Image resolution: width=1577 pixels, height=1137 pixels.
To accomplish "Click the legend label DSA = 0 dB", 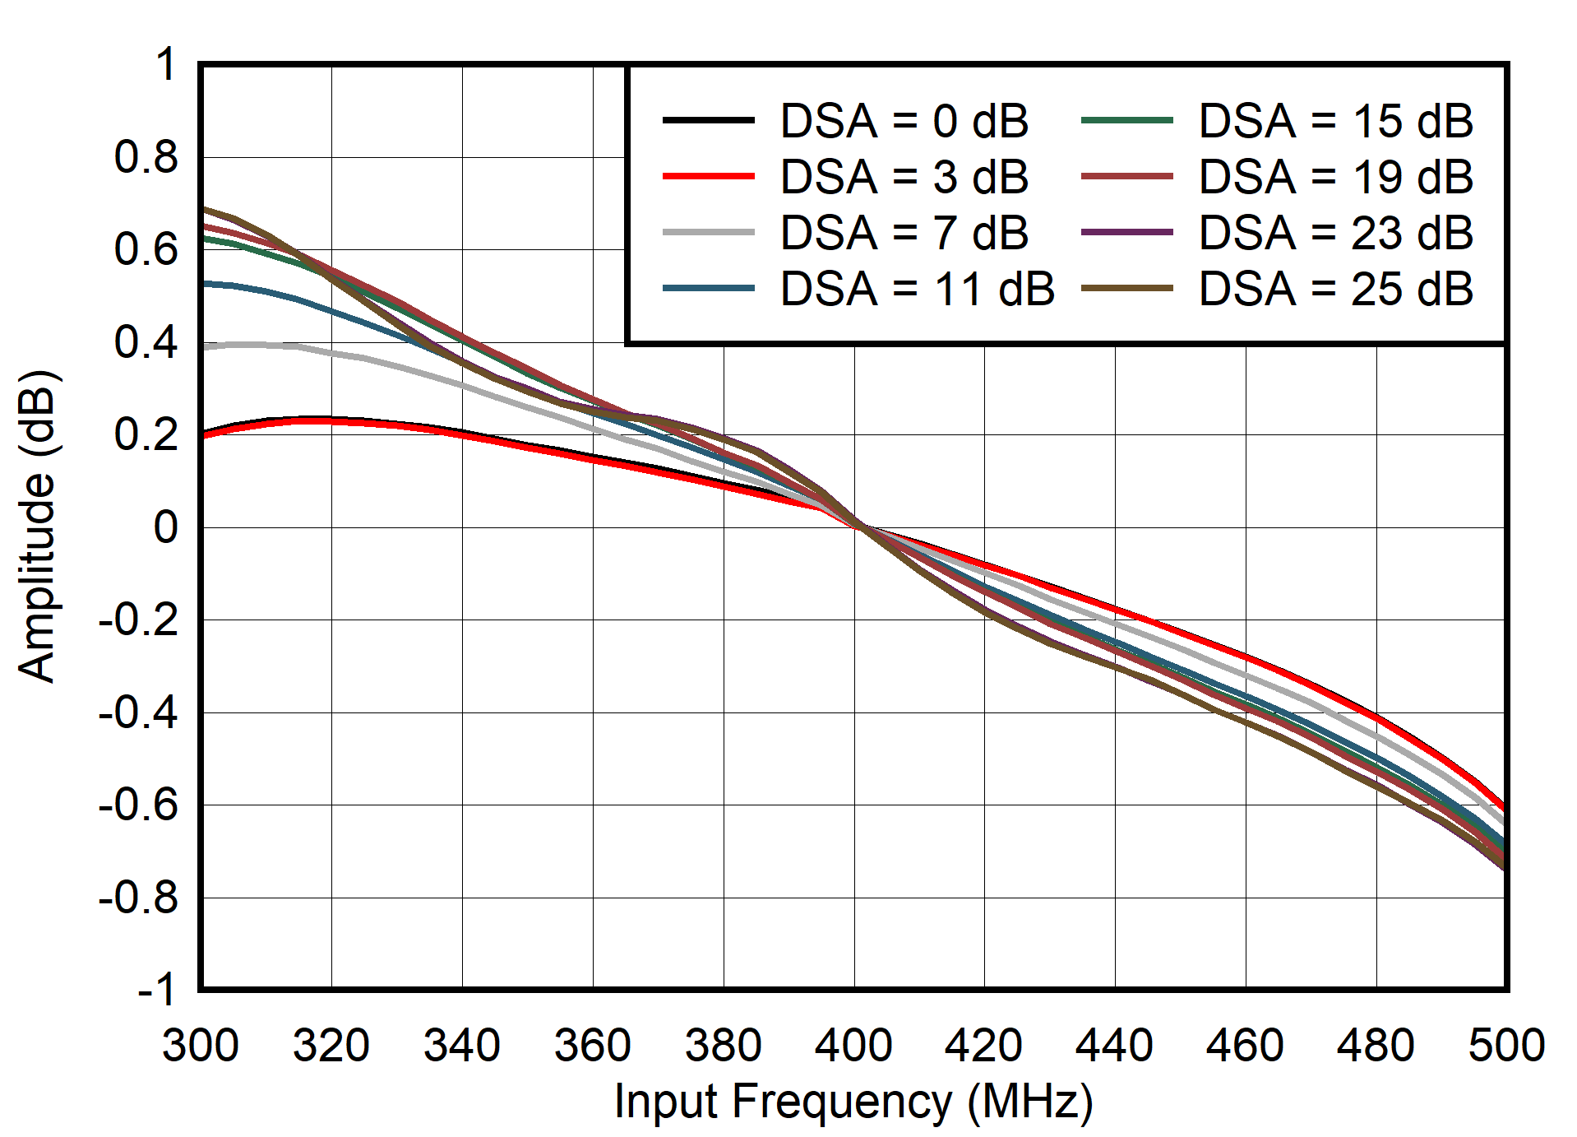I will pyautogui.click(x=904, y=121).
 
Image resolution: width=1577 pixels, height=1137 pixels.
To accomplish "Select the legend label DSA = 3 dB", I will pyautogui.click(x=904, y=177).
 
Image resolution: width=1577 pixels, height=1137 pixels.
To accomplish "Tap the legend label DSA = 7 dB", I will pyautogui.click(x=904, y=233).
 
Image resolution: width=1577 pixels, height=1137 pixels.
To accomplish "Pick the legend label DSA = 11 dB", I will pyautogui.click(x=917, y=289).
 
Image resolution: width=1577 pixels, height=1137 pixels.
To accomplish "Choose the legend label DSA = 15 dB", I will pyautogui.click(x=1335, y=121).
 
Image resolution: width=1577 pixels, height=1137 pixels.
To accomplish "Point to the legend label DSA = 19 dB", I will pyautogui.click(x=1335, y=177).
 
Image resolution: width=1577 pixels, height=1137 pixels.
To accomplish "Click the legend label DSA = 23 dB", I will pyautogui.click(x=1335, y=233).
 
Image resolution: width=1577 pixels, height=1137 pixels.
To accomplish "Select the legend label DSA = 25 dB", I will pyautogui.click(x=1335, y=289).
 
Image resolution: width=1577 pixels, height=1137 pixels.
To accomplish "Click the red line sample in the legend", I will pyautogui.click(x=708, y=177).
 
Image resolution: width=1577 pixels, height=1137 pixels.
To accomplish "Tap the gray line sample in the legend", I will pyautogui.click(x=708, y=233).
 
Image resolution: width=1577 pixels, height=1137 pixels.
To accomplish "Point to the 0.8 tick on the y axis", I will pyautogui.click(x=146, y=157).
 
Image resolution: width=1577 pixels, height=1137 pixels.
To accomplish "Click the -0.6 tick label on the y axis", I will pyautogui.click(x=137, y=805).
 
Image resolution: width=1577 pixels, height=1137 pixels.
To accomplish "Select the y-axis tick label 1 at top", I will pyautogui.click(x=165, y=64).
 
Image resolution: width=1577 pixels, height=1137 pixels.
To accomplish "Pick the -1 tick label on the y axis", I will pyautogui.click(x=156, y=990).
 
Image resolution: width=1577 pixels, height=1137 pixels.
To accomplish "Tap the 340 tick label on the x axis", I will pyautogui.click(x=461, y=1046).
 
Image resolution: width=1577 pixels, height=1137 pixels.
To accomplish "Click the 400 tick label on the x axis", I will pyautogui.click(x=853, y=1046).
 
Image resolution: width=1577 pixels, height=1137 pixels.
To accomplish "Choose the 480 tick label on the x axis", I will pyautogui.click(x=1376, y=1046).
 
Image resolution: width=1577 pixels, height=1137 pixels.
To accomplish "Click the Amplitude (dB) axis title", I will pyautogui.click(x=36, y=527).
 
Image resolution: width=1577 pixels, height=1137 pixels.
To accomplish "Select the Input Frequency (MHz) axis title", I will pyautogui.click(x=853, y=1102).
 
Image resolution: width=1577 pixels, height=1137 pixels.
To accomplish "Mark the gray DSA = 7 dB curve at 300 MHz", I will pyautogui.click(x=203, y=347).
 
